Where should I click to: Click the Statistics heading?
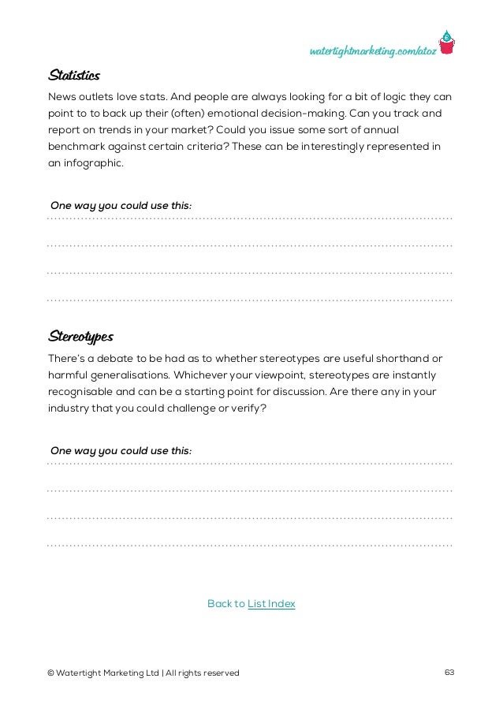click(73, 76)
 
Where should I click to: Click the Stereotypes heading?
click(80, 337)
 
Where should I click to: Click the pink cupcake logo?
click(447, 43)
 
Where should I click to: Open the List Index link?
click(271, 604)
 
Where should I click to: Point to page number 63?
click(450, 673)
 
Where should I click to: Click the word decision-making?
click(302, 114)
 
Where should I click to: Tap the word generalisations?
click(128, 375)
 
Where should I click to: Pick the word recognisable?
click(80, 392)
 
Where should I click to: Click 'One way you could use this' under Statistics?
click(120, 206)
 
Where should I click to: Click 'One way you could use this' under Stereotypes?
click(120, 451)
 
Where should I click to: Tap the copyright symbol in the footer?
click(51, 673)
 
